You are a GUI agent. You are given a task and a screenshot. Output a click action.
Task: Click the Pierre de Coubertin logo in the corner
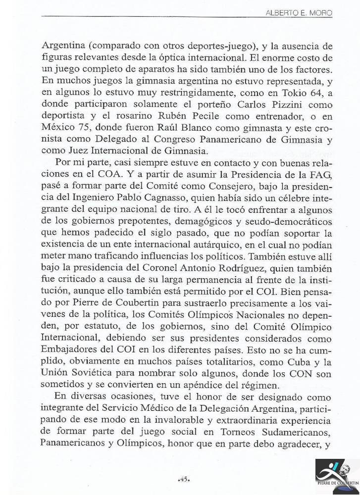pyautogui.click(x=337, y=476)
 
